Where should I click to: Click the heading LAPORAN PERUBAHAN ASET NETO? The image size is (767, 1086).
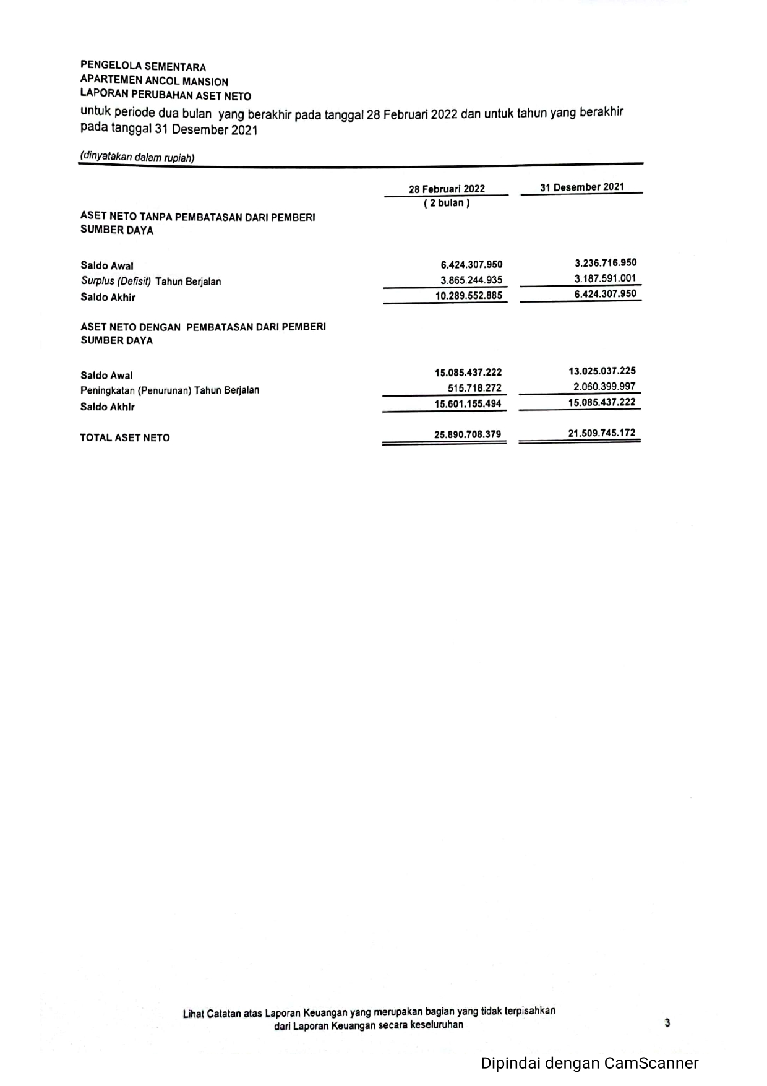click(166, 95)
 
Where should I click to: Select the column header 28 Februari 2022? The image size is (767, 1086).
click(447, 189)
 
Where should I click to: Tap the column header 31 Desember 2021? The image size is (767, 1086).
click(581, 187)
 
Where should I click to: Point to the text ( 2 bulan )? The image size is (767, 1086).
click(447, 203)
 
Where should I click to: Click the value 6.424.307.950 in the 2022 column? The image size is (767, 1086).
click(471, 265)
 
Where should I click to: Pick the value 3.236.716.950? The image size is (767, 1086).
click(605, 262)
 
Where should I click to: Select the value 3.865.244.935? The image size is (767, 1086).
click(471, 280)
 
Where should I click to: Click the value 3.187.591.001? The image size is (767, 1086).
click(605, 278)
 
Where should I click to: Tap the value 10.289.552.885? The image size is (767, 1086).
click(469, 296)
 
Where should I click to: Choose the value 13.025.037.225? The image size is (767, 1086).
click(602, 371)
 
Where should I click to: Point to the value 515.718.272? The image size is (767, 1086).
click(474, 388)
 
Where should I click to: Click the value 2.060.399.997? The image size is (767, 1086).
click(604, 386)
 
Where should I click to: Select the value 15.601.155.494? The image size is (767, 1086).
click(468, 404)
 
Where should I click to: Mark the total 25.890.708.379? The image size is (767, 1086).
click(468, 434)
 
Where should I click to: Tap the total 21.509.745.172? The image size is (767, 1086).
click(602, 433)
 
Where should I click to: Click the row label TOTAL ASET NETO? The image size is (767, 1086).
click(125, 437)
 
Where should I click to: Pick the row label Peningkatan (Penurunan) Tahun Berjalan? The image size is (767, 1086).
click(170, 390)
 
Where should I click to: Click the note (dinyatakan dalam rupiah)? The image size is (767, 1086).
click(137, 157)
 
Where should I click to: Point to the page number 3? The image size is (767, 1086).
click(667, 1023)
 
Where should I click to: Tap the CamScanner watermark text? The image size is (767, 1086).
click(589, 1063)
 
